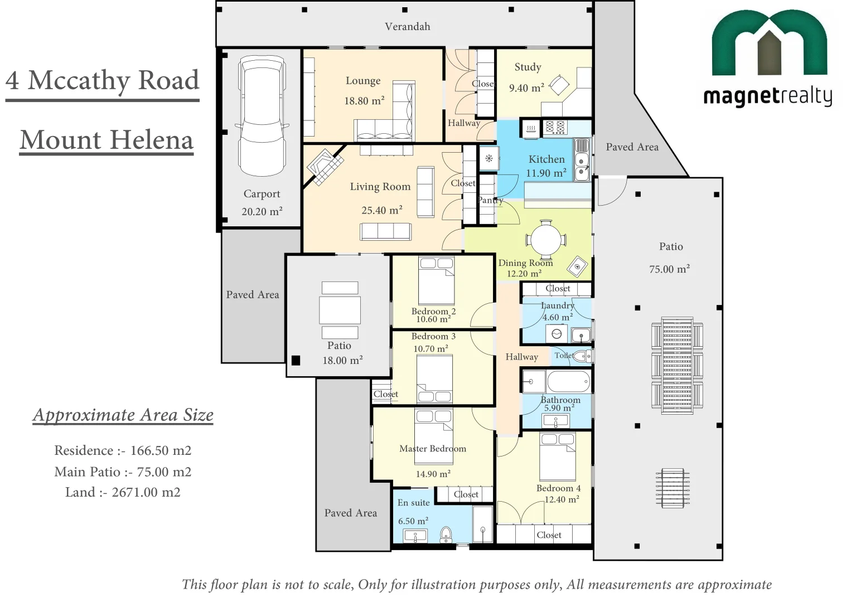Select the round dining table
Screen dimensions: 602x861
coord(545,240)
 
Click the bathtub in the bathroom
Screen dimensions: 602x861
coord(568,382)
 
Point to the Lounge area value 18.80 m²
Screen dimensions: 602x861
coord(364,101)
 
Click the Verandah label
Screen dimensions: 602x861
coord(408,26)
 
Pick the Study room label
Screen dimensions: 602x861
coord(528,67)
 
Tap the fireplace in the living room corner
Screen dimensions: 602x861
coord(326,166)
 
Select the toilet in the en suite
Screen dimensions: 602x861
coord(447,535)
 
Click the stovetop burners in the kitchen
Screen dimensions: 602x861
coord(555,128)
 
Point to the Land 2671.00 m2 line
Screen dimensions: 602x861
coord(123,492)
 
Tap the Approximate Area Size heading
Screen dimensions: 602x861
coord(123,415)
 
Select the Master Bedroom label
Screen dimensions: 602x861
coord(433,448)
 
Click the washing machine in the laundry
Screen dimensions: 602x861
coord(556,333)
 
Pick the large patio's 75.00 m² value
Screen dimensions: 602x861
coord(669,269)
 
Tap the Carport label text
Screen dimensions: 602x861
coord(262,194)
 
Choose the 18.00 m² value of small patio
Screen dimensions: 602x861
coord(342,360)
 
